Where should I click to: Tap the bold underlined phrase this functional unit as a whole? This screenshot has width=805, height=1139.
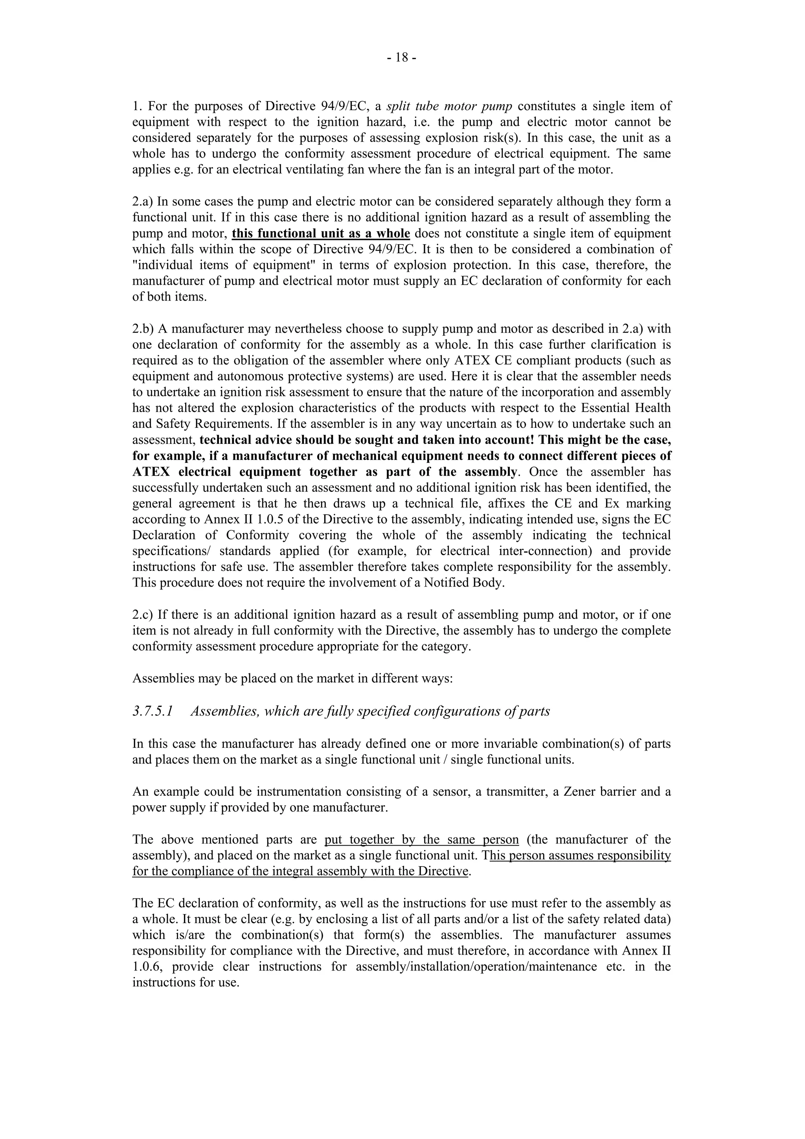[x=320, y=233]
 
